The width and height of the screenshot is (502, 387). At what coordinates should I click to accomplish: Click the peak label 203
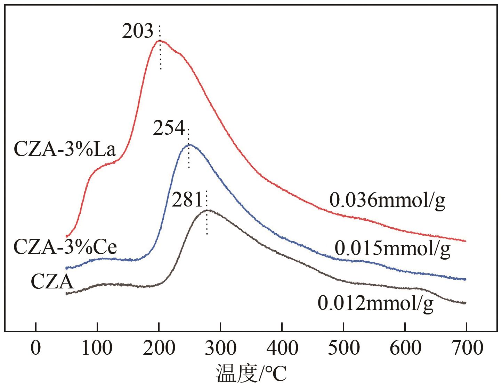pos(138,32)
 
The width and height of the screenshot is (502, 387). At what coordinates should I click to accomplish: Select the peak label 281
pos(187,200)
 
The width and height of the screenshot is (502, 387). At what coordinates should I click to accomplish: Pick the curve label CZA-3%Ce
pos(65,247)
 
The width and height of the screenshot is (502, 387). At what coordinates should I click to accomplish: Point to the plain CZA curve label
pos(52,282)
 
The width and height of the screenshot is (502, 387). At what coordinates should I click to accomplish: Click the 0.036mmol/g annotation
pos(387,201)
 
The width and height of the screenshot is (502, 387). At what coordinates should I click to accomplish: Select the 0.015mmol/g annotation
pos(392,249)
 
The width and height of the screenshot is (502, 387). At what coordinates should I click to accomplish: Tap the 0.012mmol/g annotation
pos(375,304)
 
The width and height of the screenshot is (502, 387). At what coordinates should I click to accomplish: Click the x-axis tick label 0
pos(35,348)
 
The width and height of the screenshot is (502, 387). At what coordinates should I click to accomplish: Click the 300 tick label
pos(220,348)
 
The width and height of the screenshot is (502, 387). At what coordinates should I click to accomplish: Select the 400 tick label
pos(282,348)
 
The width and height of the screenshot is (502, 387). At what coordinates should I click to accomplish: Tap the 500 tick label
pos(343,348)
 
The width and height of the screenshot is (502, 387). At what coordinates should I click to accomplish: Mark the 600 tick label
pos(405,348)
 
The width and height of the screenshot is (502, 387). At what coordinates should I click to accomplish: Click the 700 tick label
pos(466,348)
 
